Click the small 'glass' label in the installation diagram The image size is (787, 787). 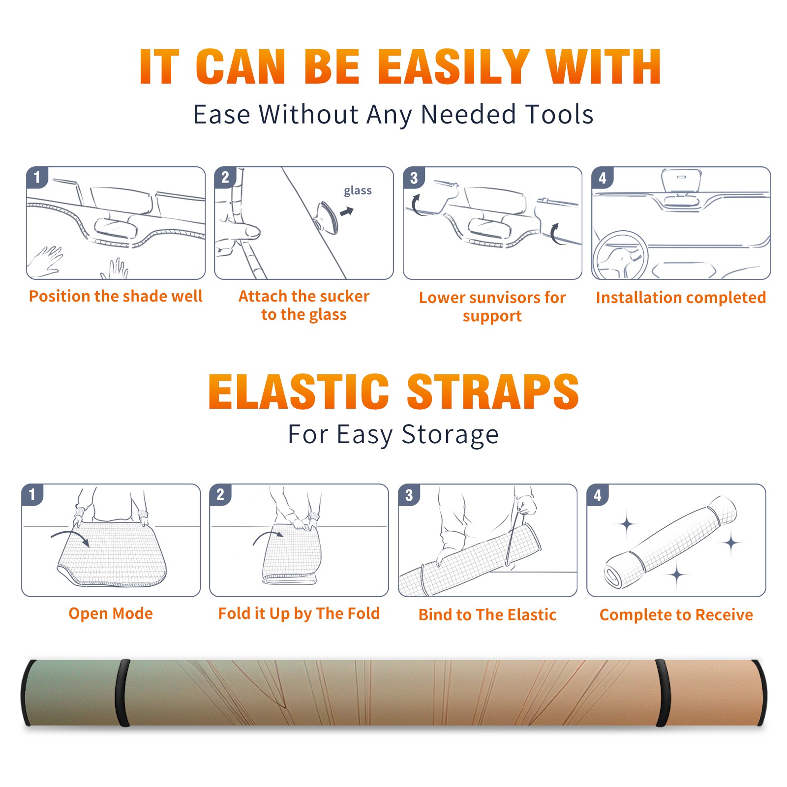coord(358,191)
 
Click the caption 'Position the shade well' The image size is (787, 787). coord(116,296)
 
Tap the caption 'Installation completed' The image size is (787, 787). coord(681,298)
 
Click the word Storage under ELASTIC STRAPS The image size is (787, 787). coord(450,435)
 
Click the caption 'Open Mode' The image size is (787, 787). coord(111,613)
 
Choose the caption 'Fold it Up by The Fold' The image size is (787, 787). coord(299,613)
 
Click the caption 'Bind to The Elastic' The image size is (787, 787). coord(487,615)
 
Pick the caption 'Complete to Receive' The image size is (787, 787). coord(676,615)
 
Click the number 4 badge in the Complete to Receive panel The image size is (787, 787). coord(598,495)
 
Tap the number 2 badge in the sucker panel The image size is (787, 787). coord(225,177)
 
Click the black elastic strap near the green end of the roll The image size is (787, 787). coord(122,693)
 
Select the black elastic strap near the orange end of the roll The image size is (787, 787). coord(663,693)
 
